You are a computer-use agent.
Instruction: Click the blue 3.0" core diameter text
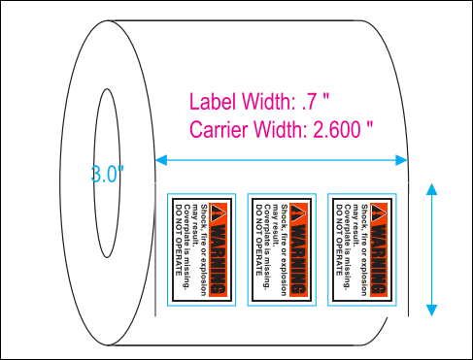[108, 175]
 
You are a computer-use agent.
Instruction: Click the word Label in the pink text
[211, 101]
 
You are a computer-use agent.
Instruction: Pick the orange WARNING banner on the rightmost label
[380, 247]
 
